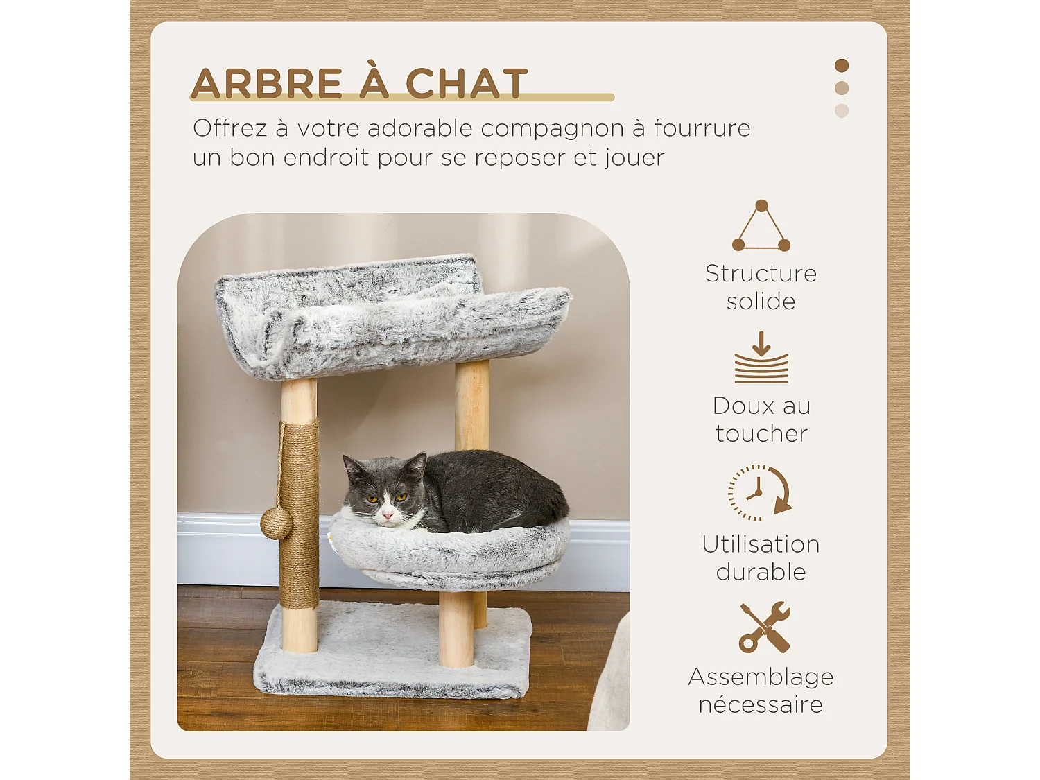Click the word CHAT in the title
466,84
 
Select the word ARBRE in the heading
267,84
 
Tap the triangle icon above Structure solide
761,227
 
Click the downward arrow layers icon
761,358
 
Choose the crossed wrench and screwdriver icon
764,627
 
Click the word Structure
761,274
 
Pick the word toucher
761,433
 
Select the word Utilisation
761,544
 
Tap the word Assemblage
761,677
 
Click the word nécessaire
761,704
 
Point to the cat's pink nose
387,514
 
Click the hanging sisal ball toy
275,523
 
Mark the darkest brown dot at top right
842,66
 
